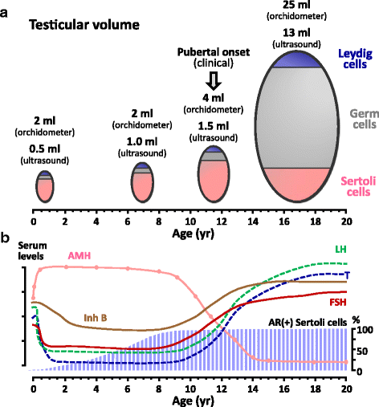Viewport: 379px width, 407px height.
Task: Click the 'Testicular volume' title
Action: point(84,25)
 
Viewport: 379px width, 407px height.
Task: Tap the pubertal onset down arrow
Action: point(214,80)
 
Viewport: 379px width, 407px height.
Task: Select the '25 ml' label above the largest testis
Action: point(296,5)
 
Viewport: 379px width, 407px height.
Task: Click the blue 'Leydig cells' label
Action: point(355,59)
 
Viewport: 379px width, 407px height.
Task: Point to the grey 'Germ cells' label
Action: point(364,119)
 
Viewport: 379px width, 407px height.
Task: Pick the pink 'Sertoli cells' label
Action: point(358,186)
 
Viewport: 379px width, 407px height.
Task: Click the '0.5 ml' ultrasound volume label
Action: point(45,149)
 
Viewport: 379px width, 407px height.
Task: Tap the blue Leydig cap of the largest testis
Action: point(297,60)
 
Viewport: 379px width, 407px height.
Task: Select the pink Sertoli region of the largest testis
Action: point(297,184)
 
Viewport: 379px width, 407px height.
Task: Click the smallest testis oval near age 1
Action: point(45,186)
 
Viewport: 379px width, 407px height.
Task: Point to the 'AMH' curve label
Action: point(79,256)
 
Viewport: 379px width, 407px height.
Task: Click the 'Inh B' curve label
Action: point(96,318)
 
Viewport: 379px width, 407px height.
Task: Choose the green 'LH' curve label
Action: point(340,250)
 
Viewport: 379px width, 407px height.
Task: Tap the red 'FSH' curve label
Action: point(338,303)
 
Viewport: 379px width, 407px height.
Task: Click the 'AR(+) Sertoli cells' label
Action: point(308,323)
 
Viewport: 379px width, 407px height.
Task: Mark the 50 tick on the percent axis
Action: point(362,351)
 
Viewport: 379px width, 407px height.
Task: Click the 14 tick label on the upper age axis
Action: point(253,222)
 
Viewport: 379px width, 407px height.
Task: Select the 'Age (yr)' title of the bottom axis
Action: point(194,401)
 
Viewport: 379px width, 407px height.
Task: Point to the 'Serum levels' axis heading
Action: point(32,250)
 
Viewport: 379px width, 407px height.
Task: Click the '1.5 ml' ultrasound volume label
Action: point(214,126)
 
